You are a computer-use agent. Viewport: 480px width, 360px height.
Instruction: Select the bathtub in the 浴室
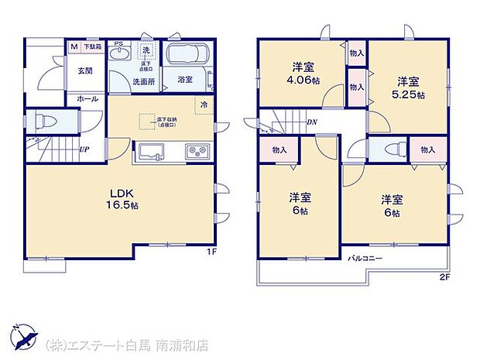tap(187, 56)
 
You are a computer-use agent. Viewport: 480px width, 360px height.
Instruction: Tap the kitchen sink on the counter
tap(150, 149)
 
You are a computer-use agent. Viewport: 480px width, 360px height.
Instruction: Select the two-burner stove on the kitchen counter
tap(195, 150)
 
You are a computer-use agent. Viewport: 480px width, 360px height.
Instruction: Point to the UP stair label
tap(83, 149)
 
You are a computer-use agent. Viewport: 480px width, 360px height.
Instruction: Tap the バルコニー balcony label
tap(365, 257)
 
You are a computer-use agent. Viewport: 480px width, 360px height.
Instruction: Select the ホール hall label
tap(87, 99)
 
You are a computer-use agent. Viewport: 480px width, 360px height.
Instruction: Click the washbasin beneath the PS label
tap(119, 55)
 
